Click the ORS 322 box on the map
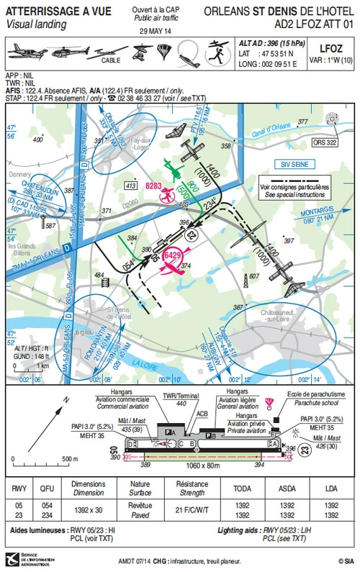[x=326, y=142]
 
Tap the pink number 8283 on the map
[x=154, y=186]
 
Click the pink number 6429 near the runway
[x=173, y=255]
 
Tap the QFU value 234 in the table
[x=47, y=515]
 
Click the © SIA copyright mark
[x=342, y=560]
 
